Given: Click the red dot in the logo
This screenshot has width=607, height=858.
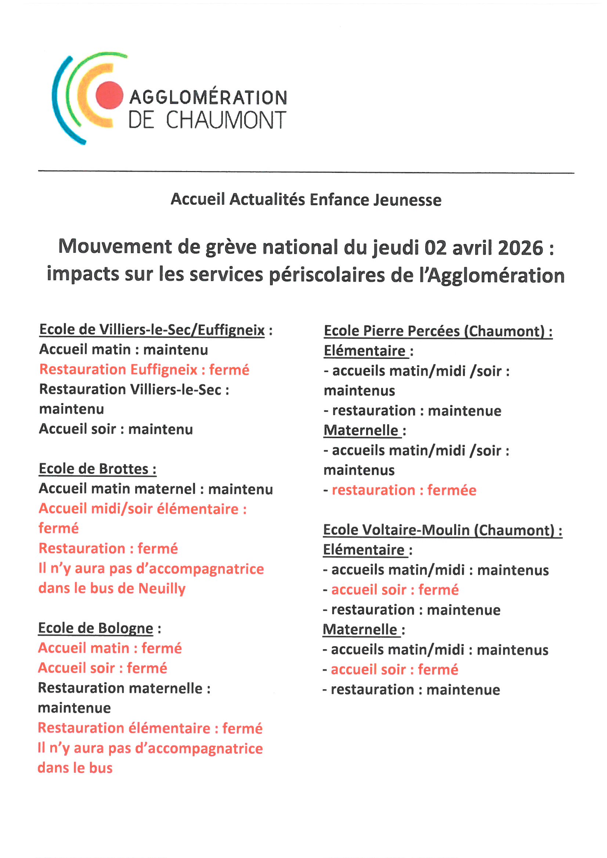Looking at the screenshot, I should tap(109, 95).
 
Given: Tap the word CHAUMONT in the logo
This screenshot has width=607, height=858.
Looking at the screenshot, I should tap(226, 120).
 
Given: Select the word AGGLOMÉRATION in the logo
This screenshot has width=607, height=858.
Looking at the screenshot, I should tap(208, 98).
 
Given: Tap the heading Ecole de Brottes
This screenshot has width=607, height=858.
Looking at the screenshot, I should tap(97, 469).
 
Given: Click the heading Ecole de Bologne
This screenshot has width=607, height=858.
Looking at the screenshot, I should tap(96, 628).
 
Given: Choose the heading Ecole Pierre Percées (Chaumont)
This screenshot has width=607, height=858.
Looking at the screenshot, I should tap(438, 331).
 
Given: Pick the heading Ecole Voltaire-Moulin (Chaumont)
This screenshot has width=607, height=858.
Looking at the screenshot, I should tap(442, 530).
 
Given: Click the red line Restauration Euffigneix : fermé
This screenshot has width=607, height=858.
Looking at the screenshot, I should tap(144, 370).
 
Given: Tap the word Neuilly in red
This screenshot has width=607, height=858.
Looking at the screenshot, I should tap(162, 588).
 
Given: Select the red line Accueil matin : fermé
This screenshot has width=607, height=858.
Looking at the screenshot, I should tap(110, 648).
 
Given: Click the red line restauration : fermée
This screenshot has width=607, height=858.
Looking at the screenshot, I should tap(404, 490).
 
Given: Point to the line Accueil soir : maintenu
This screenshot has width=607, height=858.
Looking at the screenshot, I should tap(116, 429).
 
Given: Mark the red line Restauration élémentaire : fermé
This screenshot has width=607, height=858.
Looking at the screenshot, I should tap(150, 728).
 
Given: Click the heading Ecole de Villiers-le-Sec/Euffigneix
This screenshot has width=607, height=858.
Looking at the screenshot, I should tap(152, 330).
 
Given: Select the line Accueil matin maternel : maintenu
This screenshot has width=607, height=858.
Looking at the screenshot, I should tap(156, 489).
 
